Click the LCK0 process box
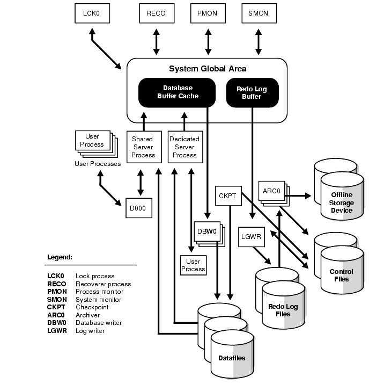[92, 13]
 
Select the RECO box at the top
[157, 13]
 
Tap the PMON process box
[208, 13]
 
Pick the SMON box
[259, 13]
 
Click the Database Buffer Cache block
[177, 92]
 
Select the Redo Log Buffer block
[252, 92]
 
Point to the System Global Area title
[208, 69]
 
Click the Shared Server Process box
[144, 147]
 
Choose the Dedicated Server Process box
[186, 147]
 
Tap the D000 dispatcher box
[139, 208]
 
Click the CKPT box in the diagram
[228, 196]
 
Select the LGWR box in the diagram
[252, 237]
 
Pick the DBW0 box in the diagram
[207, 231]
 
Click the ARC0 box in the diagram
[272, 191]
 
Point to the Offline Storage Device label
[341, 202]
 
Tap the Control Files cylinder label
[341, 276]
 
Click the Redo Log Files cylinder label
[283, 310]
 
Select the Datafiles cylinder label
[232, 358]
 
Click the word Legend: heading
[60, 257]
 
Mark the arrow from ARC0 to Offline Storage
[298, 195]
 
